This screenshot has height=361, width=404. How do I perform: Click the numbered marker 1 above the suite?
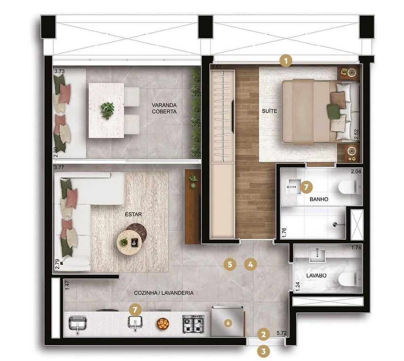pyautogui.click(x=286, y=61)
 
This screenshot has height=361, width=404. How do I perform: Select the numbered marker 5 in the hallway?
pyautogui.click(x=229, y=265)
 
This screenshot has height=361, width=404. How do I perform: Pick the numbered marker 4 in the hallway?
pyautogui.click(x=250, y=265)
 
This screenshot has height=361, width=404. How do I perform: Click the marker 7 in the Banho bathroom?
pyautogui.click(x=306, y=187)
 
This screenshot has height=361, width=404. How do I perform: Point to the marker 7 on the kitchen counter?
pyautogui.click(x=135, y=310)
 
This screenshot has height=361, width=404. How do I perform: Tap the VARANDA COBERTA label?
pyautogui.click(x=164, y=108)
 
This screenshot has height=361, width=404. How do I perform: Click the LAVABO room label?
pyautogui.click(x=316, y=276)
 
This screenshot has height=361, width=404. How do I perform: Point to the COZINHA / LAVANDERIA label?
pyautogui.click(x=164, y=293)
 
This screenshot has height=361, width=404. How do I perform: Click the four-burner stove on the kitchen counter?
pyautogui.click(x=194, y=323)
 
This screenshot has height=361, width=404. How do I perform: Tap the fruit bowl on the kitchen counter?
pyautogui.click(x=163, y=323)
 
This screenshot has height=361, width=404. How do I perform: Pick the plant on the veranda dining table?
pyautogui.click(x=107, y=110)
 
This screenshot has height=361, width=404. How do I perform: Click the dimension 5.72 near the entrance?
pyautogui.click(x=282, y=333)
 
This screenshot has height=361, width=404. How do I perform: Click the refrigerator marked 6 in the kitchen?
pyautogui.click(x=228, y=323)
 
